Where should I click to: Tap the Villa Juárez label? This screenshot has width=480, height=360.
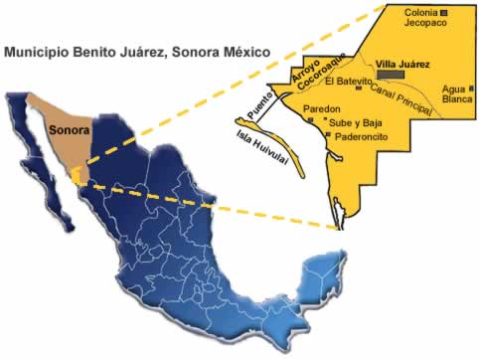(403, 64)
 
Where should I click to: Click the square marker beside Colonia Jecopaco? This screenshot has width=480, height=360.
(444, 12)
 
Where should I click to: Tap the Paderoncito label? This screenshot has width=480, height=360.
(363, 135)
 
